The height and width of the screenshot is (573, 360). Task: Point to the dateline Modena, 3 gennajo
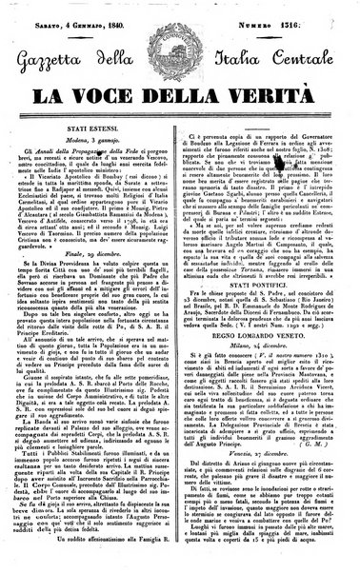click(x=98, y=138)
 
